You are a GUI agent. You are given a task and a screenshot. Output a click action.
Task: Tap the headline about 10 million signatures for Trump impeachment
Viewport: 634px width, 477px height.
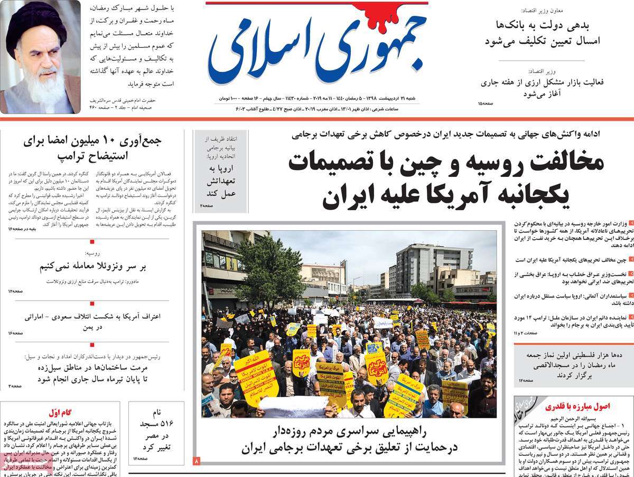(x=92, y=148)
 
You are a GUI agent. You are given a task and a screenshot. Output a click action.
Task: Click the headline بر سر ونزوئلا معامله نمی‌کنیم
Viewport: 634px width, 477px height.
(x=92, y=266)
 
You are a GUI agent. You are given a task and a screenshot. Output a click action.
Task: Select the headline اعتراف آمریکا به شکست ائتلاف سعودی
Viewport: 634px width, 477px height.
(x=92, y=321)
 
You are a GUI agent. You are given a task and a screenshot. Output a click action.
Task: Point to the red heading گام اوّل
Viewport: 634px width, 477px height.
(x=60, y=413)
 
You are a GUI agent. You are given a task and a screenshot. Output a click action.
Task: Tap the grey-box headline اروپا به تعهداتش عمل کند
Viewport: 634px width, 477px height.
(x=221, y=181)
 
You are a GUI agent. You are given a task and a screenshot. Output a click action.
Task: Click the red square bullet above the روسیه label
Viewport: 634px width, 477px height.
(x=92, y=242)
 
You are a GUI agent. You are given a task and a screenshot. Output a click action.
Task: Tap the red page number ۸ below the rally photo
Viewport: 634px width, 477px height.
(x=197, y=461)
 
